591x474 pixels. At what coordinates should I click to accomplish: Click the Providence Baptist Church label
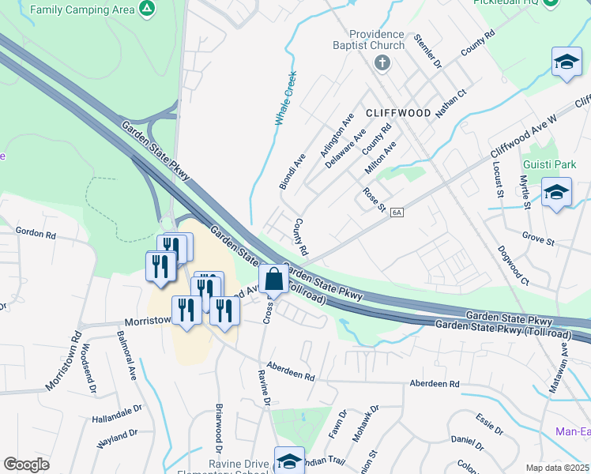pos(378,40)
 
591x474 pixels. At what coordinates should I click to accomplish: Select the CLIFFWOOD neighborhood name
pos(398,113)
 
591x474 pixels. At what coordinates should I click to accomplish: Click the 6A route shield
pos(397,212)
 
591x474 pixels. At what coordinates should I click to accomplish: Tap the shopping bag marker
pos(273,280)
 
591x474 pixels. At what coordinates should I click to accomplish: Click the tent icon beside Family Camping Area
pos(145,9)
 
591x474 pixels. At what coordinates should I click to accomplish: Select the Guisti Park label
pos(550,164)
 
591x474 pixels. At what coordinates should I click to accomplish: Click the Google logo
pos(26,465)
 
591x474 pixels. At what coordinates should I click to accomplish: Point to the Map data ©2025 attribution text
pos(557,468)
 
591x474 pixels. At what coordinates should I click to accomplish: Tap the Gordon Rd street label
pos(36,235)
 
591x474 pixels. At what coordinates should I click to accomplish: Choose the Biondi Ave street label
pos(292,171)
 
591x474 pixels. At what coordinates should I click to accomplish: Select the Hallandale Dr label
pos(116,411)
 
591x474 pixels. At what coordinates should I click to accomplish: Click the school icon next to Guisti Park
pos(556,193)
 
